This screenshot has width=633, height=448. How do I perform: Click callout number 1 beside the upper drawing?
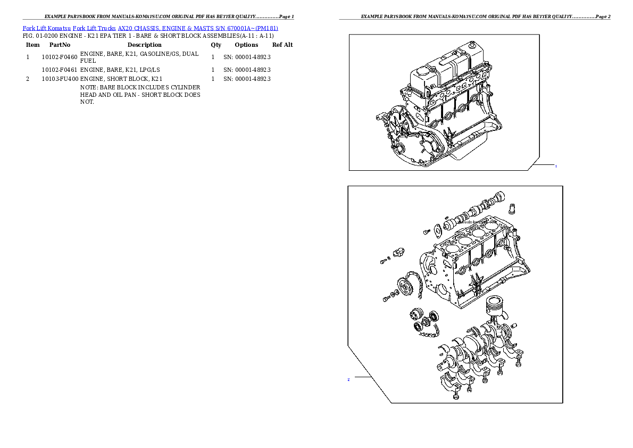pyautogui.click(x=556, y=167)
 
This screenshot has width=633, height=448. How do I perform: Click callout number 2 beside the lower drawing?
pyautogui.click(x=348, y=380)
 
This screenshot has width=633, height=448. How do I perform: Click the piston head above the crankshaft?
pyautogui.click(x=495, y=308)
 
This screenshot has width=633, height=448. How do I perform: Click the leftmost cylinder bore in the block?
pyautogui.click(x=452, y=248)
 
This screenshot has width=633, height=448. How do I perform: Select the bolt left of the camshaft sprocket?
pyautogui.click(x=386, y=298)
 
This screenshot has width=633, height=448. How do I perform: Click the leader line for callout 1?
pyautogui.click(x=543, y=165)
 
